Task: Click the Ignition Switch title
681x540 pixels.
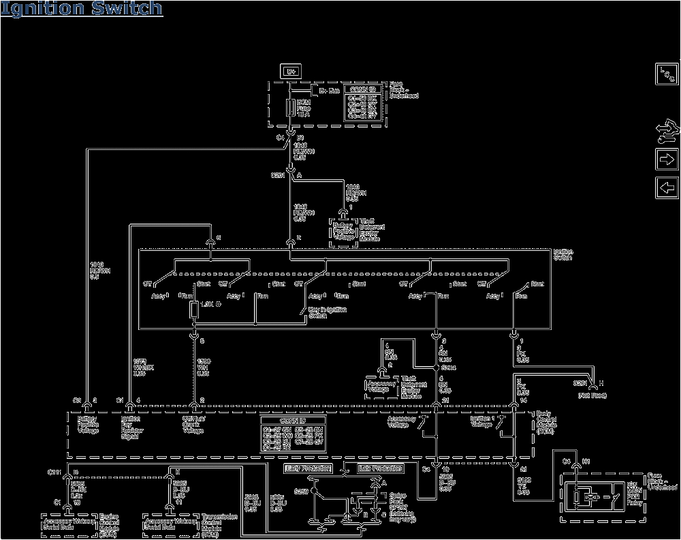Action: pyautogui.click(x=82, y=9)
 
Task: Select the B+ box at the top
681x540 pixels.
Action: pyautogui.click(x=289, y=70)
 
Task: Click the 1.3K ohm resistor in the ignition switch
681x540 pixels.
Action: pyautogui.click(x=195, y=310)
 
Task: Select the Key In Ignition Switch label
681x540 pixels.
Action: pyautogui.click(x=327, y=313)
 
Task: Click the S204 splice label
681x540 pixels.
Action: pyautogui.click(x=449, y=366)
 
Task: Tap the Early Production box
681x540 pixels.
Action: pyautogui.click(x=307, y=468)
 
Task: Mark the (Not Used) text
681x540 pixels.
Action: pyautogui.click(x=591, y=395)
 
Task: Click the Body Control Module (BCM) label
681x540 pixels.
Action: pyautogui.click(x=551, y=424)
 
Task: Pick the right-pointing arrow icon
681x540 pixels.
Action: pyautogui.click(x=665, y=160)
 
